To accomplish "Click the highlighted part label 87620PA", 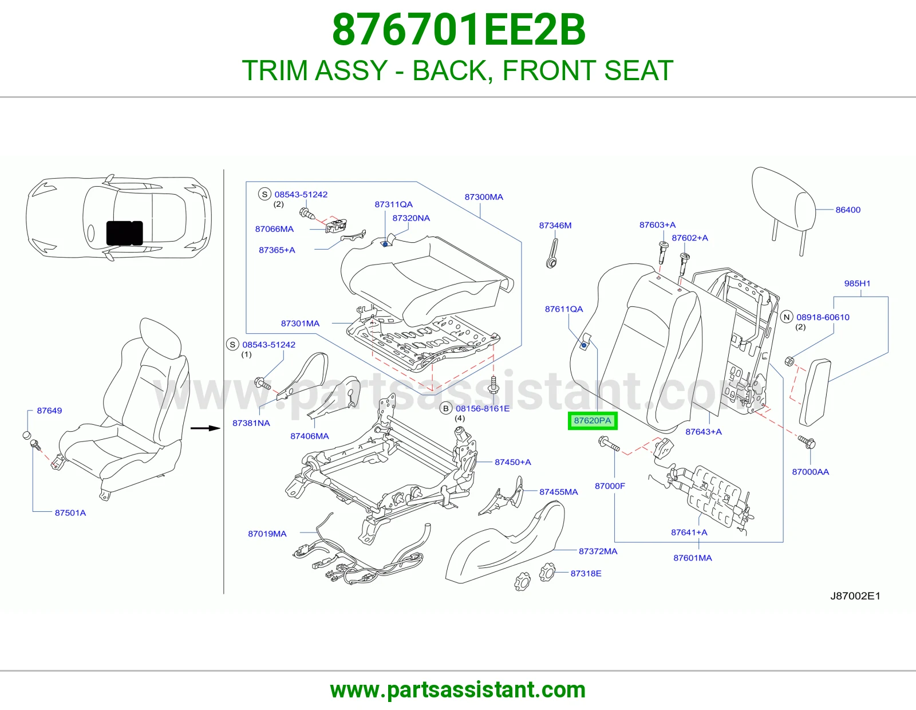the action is point(593,421).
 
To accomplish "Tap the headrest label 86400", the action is point(848,210).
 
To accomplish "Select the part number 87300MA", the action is point(484,197).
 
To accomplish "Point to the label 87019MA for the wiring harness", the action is point(267,534).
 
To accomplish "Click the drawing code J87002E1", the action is point(855,595).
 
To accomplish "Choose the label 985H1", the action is point(857,283).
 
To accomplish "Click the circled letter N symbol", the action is point(786,317).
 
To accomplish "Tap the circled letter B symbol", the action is point(445,408).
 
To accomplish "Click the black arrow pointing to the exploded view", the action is point(206,428).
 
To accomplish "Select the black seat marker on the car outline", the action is point(124,232).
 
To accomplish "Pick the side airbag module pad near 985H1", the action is point(815,392).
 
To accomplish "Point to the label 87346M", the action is point(555,225).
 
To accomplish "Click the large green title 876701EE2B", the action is point(458,30).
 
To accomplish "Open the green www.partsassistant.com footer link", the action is point(458,690).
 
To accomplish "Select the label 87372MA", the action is point(598,551).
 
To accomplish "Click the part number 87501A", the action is point(70,512).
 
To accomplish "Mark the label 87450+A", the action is point(512,462).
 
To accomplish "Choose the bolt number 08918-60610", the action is point(823,317).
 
